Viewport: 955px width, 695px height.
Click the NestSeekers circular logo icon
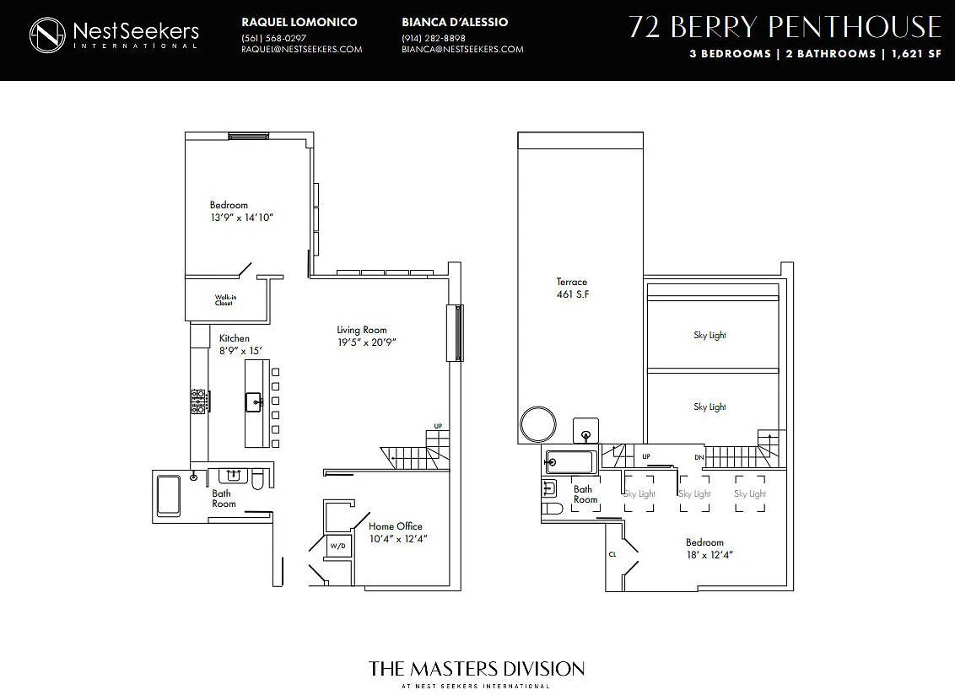coord(47,35)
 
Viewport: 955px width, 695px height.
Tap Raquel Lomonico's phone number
coord(273,38)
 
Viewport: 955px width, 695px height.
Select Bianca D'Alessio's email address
coord(462,49)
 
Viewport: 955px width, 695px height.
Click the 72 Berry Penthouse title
coord(785,27)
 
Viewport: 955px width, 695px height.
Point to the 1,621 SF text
coord(917,54)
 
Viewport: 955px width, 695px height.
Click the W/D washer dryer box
coord(338,546)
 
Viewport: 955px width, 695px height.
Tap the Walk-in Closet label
coord(225,300)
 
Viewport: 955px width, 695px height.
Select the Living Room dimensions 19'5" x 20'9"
coord(367,342)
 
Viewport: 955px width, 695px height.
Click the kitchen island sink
coord(254,402)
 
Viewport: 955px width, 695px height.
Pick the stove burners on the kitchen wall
coord(198,402)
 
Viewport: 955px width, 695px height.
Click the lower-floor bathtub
coord(169,495)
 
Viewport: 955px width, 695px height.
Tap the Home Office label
coord(396,526)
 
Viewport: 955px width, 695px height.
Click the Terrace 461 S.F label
coord(573,288)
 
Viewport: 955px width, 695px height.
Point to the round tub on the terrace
coord(538,424)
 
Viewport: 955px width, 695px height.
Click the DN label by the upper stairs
coord(699,457)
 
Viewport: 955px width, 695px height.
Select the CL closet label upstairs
coord(612,554)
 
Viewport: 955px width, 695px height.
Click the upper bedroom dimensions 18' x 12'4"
coord(710,555)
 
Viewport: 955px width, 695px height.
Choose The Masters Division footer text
coord(477,669)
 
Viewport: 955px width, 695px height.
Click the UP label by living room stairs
coord(438,427)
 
